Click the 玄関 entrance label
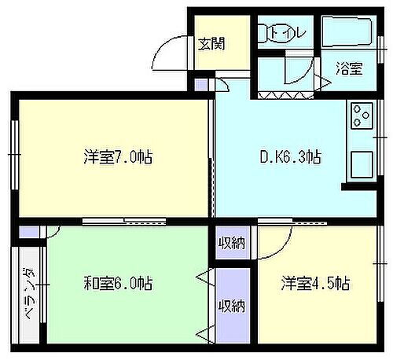tap(211, 42)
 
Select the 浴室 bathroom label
tap(350, 68)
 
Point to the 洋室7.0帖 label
tap(118, 157)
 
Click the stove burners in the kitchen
tap(363, 116)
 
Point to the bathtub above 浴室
tap(351, 33)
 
